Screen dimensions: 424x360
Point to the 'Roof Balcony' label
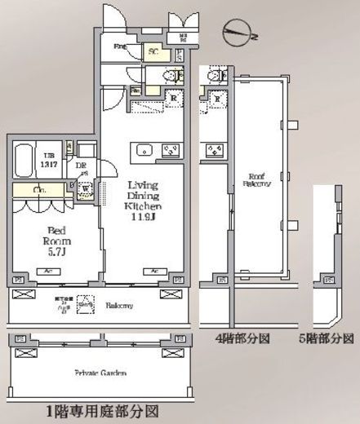click(256, 179)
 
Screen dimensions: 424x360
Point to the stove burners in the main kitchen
click(171, 150)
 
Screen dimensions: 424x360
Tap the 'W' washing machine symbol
click(85, 187)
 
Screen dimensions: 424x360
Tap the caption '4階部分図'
click(241, 338)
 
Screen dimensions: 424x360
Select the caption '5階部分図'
click(329, 338)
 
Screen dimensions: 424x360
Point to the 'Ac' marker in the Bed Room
click(48, 272)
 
